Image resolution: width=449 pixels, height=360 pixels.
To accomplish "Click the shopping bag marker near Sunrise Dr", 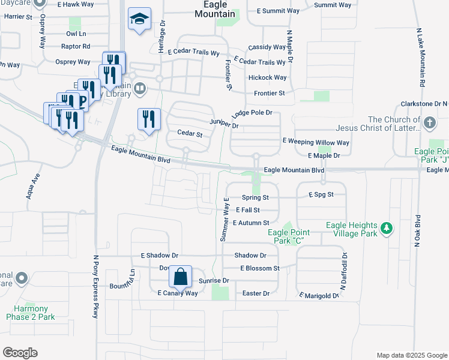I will pos(180,277).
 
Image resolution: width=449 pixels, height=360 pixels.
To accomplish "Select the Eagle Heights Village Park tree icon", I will pos(388,229).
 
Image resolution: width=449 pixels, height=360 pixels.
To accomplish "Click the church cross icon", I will pos(429,124).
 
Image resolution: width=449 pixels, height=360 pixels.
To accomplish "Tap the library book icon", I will pos(140,89).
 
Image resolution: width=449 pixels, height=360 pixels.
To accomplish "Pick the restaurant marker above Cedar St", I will pos(149,119).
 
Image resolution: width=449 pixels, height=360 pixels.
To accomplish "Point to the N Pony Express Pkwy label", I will pos(95,286).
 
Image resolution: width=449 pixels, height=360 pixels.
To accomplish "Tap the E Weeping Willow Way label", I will pos(316,142).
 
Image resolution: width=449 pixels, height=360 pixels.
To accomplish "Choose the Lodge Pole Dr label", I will pos(252,113).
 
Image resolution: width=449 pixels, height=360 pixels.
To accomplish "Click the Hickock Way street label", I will pos(267,77).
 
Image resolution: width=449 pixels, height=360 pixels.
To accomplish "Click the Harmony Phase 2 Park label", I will pos(31,313).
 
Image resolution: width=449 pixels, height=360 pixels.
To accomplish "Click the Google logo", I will pos(20,353).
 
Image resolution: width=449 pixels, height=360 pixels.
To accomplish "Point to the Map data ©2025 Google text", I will pos(411,355).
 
